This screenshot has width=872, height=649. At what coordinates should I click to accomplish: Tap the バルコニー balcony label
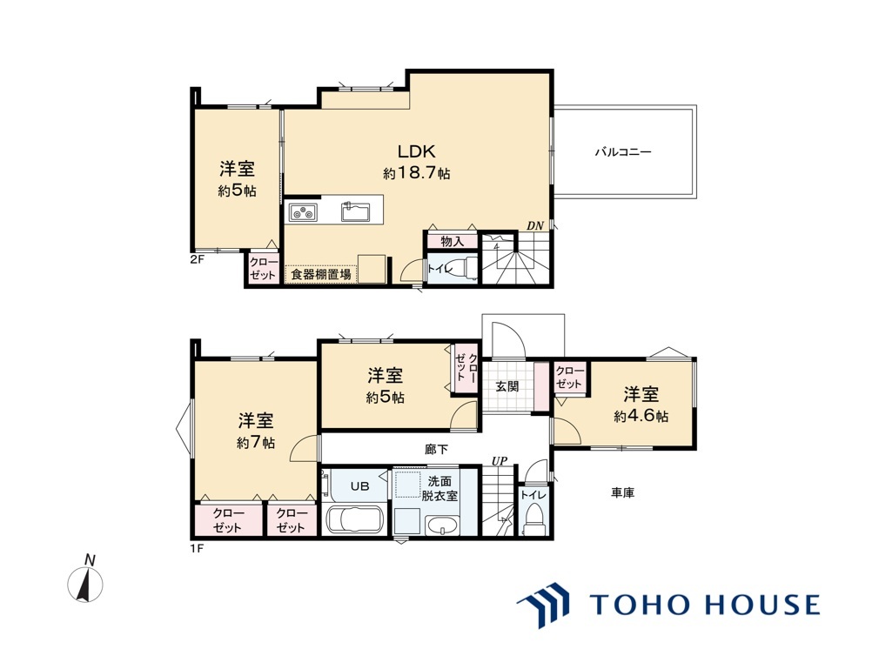click(x=623, y=151)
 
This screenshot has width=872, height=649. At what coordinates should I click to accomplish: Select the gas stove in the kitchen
click(x=303, y=211)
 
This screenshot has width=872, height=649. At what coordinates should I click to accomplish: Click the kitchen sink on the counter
click(x=355, y=211)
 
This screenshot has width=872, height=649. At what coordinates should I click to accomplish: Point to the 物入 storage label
click(x=452, y=241)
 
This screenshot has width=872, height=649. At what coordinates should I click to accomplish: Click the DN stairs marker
click(x=534, y=226)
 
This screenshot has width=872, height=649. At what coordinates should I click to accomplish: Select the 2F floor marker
click(x=198, y=259)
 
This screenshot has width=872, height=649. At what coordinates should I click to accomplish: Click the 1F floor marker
click(x=198, y=548)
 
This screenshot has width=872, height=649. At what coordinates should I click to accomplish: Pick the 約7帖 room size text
click(x=256, y=443)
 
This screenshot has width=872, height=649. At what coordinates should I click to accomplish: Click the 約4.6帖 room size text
click(x=641, y=417)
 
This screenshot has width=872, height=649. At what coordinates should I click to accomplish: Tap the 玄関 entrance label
click(x=507, y=385)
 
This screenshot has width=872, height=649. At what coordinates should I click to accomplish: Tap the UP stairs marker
click(x=500, y=460)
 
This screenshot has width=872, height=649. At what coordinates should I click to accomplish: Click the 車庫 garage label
click(x=621, y=493)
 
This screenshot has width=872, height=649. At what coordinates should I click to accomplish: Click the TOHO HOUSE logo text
click(x=704, y=605)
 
